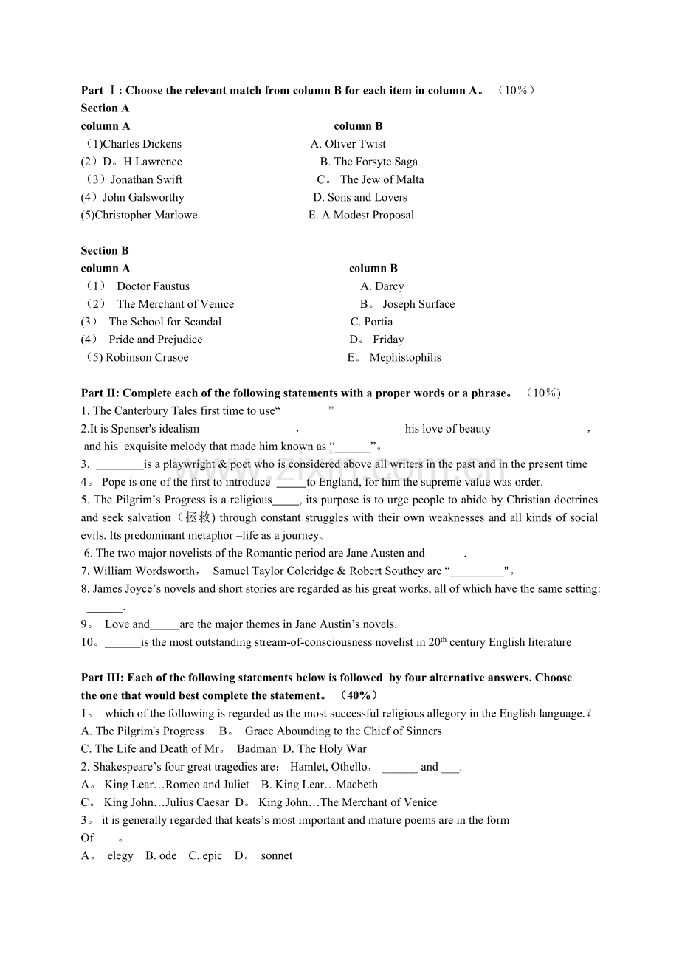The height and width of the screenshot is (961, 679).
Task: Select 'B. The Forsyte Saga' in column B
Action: point(368,162)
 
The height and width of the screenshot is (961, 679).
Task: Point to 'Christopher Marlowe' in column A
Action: point(146,215)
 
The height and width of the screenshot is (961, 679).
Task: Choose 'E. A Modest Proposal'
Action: point(361,215)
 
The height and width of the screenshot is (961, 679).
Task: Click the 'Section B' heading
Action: point(105,250)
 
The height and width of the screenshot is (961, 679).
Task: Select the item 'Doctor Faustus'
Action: point(153,286)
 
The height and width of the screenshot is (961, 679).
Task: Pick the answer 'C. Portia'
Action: point(371,322)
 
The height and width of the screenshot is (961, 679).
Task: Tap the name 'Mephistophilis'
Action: point(405,357)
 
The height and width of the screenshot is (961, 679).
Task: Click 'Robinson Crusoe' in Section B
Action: point(147,357)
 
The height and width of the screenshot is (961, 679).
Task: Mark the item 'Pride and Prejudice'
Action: point(155,340)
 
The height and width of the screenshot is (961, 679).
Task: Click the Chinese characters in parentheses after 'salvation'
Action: point(196,517)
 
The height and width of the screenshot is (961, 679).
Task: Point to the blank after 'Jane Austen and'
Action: point(445,554)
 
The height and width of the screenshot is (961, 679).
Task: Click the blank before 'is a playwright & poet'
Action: point(120,465)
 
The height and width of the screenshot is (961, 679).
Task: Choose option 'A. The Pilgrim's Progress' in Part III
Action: point(142,731)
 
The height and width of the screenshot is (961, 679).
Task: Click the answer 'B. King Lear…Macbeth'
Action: point(320,784)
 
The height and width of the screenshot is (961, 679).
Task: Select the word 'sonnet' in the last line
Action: point(277,855)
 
